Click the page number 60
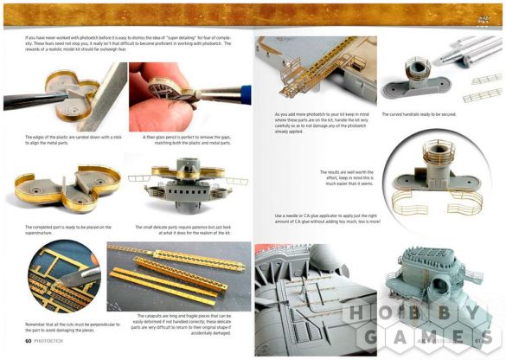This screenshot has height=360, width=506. pos(29,340)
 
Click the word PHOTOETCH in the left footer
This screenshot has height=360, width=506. pos(50,340)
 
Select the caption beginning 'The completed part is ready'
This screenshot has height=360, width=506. pos(62,229)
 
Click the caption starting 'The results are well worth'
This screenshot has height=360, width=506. pos(347,177)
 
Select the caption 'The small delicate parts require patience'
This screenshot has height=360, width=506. pos(184,229)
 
